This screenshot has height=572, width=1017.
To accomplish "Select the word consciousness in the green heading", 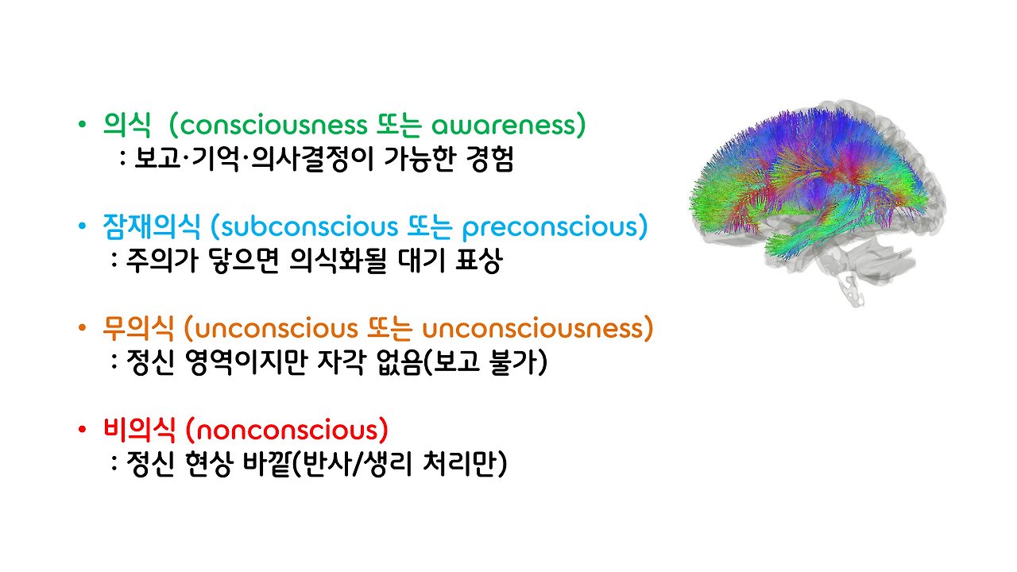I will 271,126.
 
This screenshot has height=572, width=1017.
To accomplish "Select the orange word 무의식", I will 137,328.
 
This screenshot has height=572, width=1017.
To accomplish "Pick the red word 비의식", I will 137,430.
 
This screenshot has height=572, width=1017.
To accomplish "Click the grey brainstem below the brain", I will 849,282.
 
